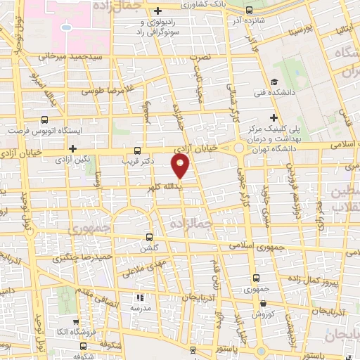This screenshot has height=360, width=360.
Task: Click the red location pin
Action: point(181,166)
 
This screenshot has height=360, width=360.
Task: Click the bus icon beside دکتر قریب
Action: point(137,150)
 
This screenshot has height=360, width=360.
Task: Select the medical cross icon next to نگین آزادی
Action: point(72,148)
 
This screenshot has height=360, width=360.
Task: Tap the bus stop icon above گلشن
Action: point(148,236)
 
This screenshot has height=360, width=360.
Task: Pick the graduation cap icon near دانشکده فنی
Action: point(276,81)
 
